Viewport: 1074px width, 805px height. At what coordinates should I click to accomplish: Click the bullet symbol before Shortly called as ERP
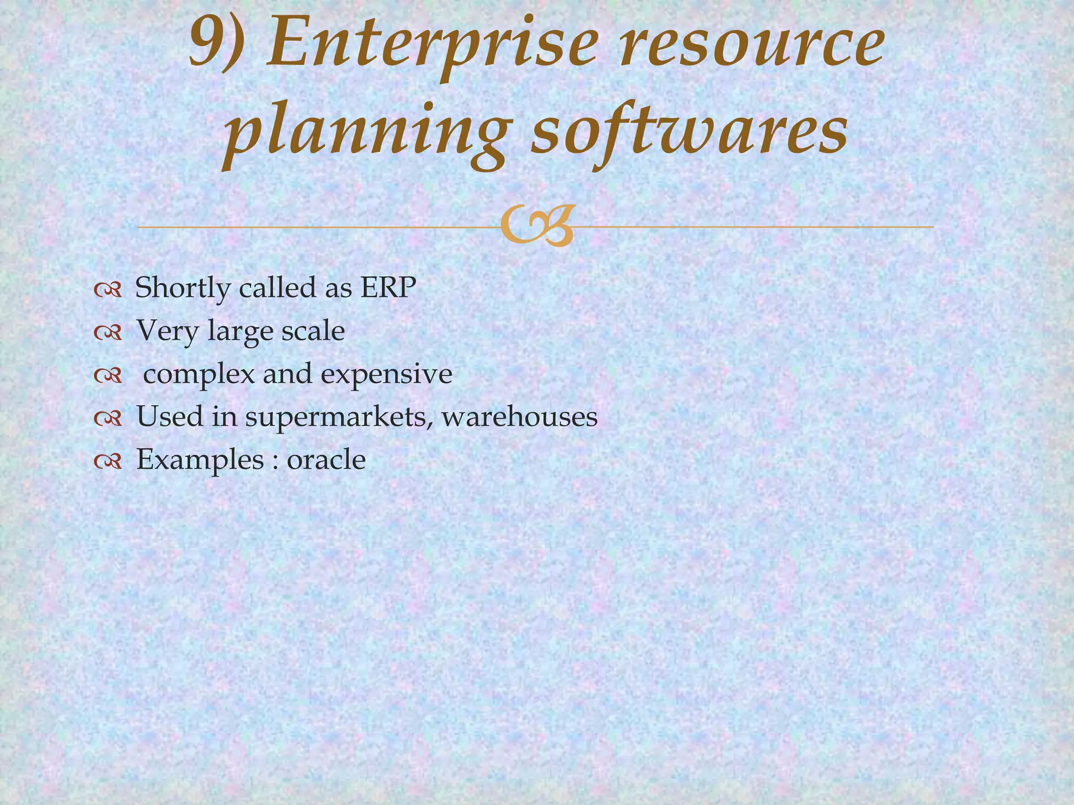point(108,289)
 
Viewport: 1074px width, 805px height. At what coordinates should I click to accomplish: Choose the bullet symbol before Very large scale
point(108,332)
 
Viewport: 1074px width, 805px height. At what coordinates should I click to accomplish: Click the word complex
point(199,375)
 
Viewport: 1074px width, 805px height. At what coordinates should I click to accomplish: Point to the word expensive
point(386,375)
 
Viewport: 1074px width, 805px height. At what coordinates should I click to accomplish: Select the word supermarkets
point(339,418)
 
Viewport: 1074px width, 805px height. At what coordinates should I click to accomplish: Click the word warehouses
point(519,417)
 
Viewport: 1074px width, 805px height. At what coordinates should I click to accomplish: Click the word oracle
point(326,460)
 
